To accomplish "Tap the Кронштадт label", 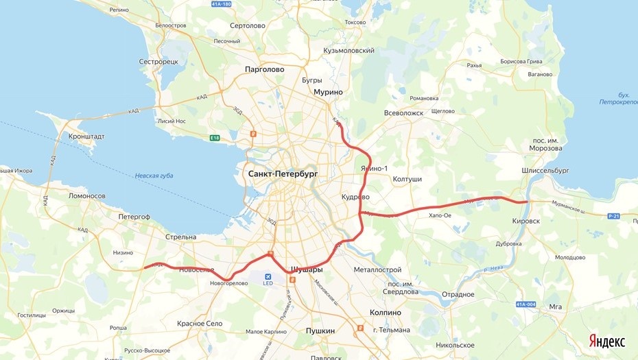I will tap(86, 136).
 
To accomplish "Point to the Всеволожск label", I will tap(403, 113).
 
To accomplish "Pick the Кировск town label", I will tap(526, 221).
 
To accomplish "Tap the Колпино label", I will tap(386, 313).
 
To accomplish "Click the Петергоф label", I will tap(134, 217).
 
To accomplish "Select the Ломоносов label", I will tap(87, 196).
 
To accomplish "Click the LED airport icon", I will tap(268, 277).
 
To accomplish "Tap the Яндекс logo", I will tap(606, 341).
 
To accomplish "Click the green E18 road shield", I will tap(215, 138).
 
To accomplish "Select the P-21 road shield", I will tap(614, 216).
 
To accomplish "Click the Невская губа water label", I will tap(154, 176).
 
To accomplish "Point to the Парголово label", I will tap(264, 69).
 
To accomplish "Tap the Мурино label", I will tap(328, 92).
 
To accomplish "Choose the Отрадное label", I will tap(458, 295).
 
